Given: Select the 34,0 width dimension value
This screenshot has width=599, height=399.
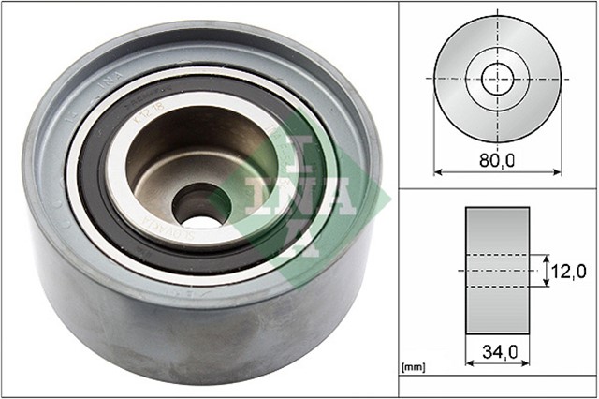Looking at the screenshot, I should [x=498, y=354].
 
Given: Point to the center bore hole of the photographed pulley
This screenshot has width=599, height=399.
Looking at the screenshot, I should [x=198, y=203].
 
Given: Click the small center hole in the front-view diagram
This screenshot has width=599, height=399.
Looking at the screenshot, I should [x=498, y=76].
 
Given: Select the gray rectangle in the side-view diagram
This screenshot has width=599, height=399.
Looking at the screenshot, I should [x=497, y=270].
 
